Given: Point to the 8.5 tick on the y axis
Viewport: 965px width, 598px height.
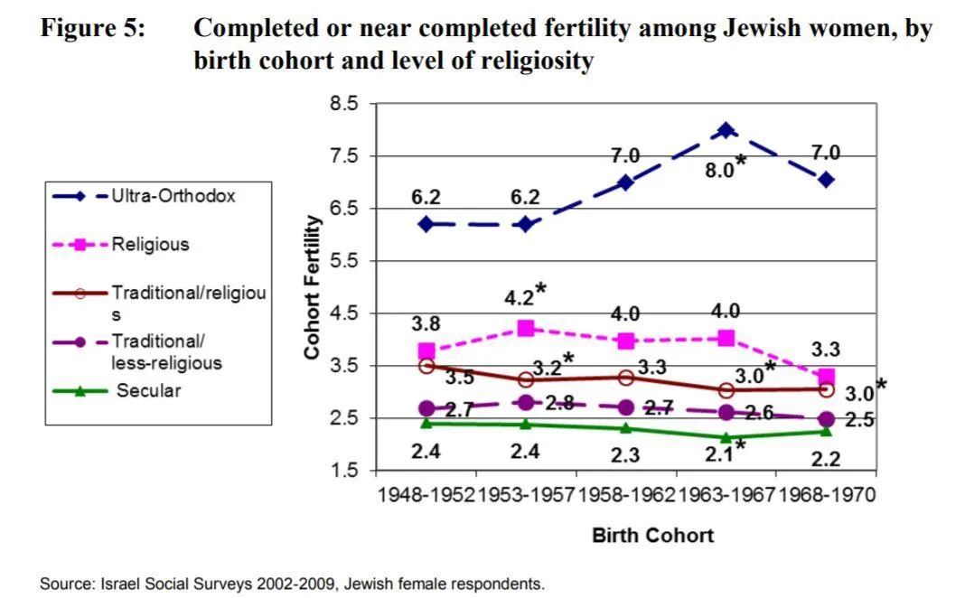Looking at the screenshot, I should coord(344,105).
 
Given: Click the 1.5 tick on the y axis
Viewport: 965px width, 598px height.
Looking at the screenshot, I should coord(344,471).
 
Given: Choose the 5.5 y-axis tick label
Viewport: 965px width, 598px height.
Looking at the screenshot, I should coord(344,261).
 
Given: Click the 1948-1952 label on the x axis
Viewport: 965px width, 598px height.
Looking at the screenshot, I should coord(426,495).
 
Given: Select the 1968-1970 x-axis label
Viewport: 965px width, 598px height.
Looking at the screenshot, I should coord(826,495).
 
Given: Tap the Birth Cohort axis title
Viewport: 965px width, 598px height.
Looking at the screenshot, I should coord(652,536).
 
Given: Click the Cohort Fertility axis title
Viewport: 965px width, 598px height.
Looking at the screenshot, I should coord(312,287).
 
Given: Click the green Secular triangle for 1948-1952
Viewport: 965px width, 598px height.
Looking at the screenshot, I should coord(426,422).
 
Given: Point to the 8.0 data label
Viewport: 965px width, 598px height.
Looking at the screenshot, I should coord(719,168).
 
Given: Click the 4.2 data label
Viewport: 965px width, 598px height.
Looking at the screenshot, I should coord(519,297).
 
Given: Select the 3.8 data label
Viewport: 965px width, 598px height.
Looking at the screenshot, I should coord(426,322).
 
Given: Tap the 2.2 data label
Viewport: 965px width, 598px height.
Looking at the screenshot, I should coord(826,459).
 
